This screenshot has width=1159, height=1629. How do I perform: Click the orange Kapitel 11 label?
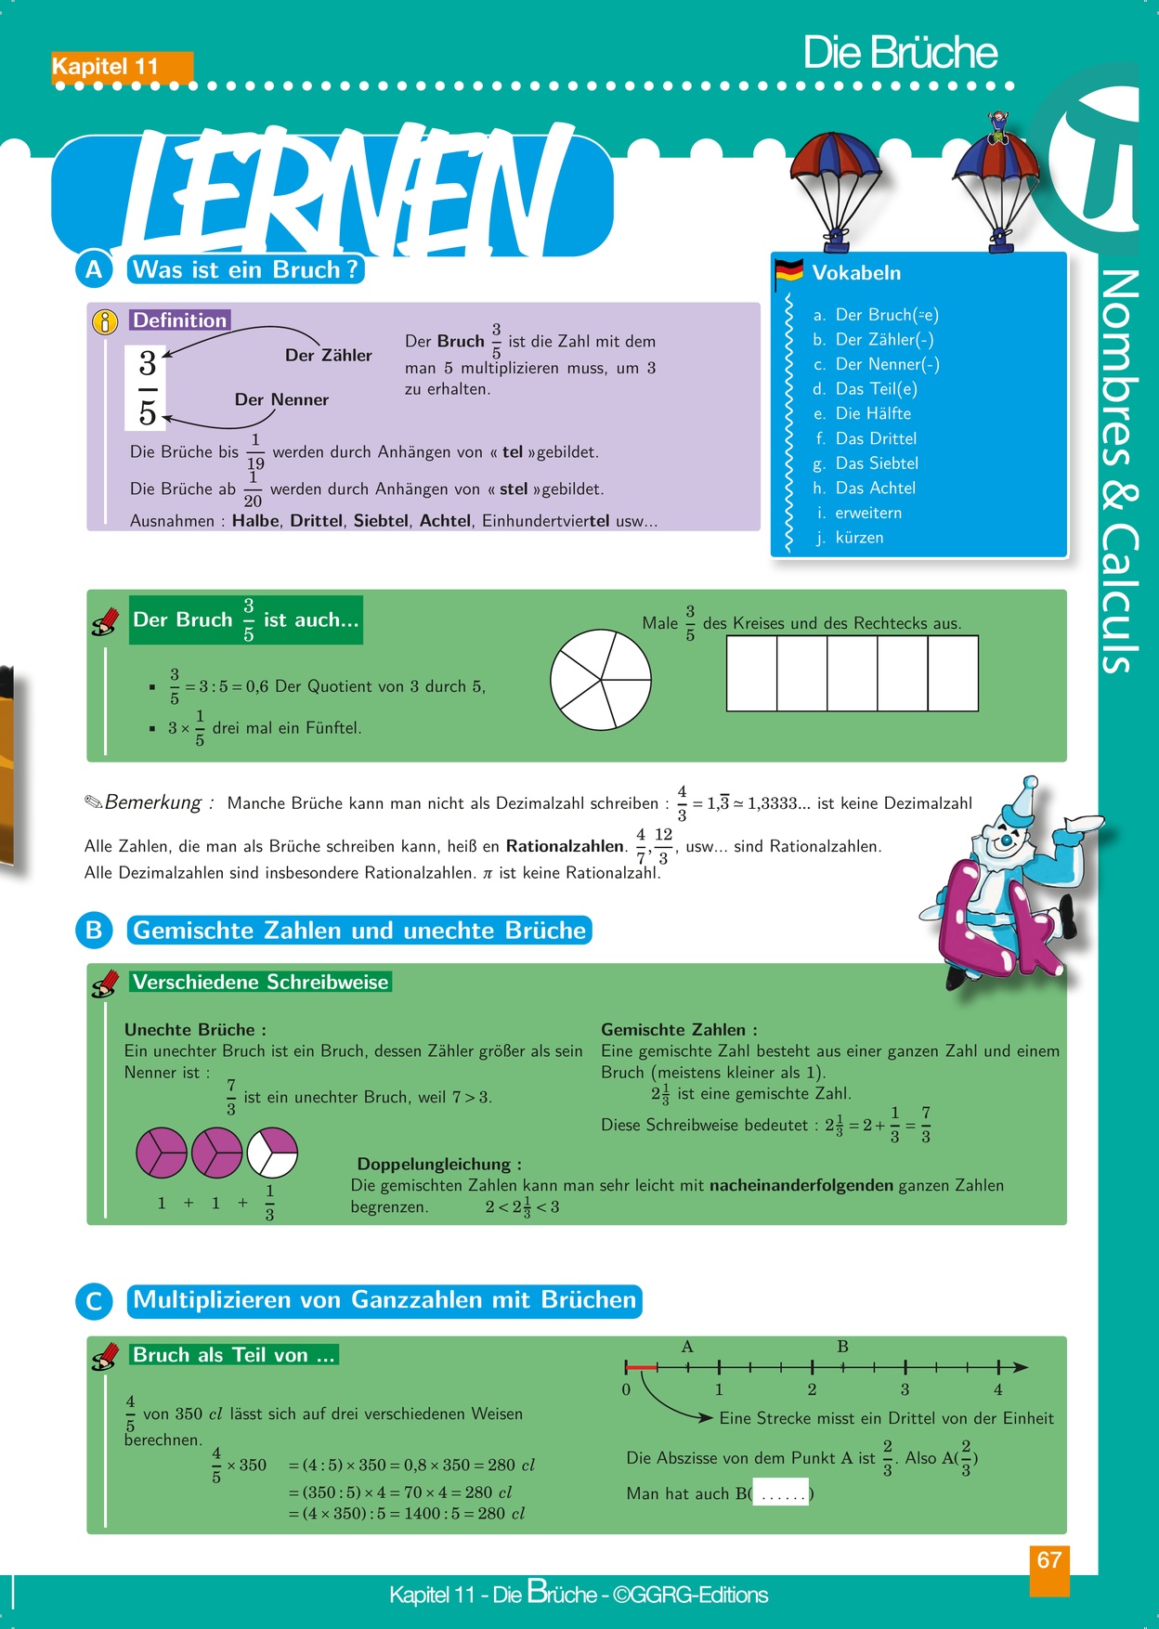click(x=122, y=67)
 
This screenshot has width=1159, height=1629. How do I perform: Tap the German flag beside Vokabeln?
click(x=788, y=270)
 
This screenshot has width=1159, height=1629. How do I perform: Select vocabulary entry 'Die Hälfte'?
click(x=873, y=414)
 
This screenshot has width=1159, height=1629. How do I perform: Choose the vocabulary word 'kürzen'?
click(x=859, y=538)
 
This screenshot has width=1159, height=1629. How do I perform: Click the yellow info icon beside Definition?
click(x=105, y=321)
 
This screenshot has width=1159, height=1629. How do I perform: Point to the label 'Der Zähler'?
click(x=328, y=356)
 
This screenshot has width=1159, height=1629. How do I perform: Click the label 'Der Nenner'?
click(x=281, y=400)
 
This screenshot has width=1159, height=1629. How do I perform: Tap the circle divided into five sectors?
click(x=600, y=680)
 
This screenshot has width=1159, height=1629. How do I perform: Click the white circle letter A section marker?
click(x=94, y=270)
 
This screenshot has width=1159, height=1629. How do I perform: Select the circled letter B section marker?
click(x=94, y=931)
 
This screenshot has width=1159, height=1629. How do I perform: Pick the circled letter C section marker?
click(x=94, y=1301)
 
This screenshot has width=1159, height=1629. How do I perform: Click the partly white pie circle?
click(x=272, y=1152)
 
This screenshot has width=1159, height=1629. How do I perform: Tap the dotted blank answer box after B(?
click(x=780, y=1493)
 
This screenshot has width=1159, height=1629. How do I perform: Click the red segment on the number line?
click(x=641, y=1367)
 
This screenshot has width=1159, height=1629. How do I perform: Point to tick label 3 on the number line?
click(x=905, y=1390)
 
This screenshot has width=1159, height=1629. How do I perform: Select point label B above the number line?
click(x=842, y=1347)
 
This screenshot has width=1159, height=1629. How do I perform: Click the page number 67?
click(x=1049, y=1560)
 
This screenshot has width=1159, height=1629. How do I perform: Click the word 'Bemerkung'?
click(x=153, y=802)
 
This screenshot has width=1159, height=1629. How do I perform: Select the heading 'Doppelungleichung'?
click(x=438, y=1165)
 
